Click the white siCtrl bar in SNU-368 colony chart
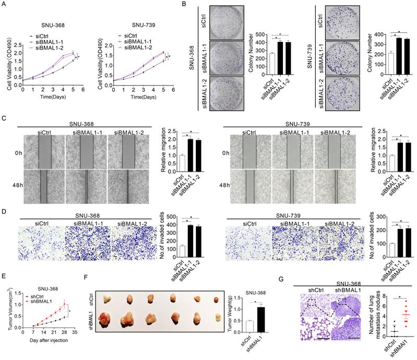257,57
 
